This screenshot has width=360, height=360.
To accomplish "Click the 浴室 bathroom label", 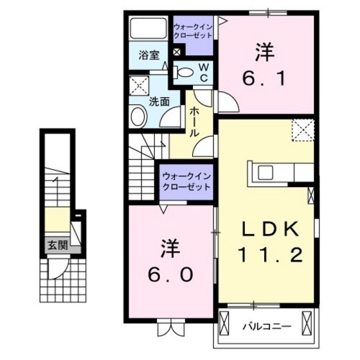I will pyautogui.click(x=149, y=55).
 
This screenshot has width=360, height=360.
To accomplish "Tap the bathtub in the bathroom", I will pyautogui.click(x=148, y=28).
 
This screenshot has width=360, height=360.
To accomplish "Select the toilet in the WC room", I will pyautogui.click(x=184, y=73).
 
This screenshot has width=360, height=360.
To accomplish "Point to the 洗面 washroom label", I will pyautogui.click(x=159, y=101).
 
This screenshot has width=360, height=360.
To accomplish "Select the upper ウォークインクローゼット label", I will pyautogui.click(x=194, y=31).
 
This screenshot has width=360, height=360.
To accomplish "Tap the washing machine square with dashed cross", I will pyautogui.click(x=139, y=85).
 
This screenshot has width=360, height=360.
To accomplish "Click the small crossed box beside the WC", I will pyautogui.click(x=177, y=52).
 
